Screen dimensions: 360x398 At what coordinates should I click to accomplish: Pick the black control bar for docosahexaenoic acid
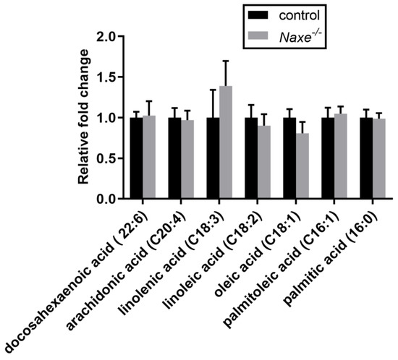[136, 158]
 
